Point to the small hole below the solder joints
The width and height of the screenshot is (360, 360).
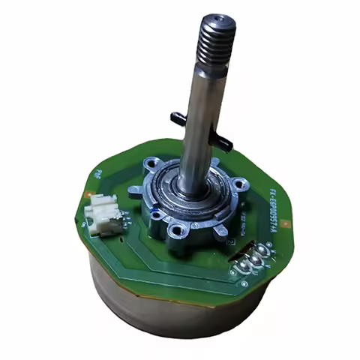click(244, 284)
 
